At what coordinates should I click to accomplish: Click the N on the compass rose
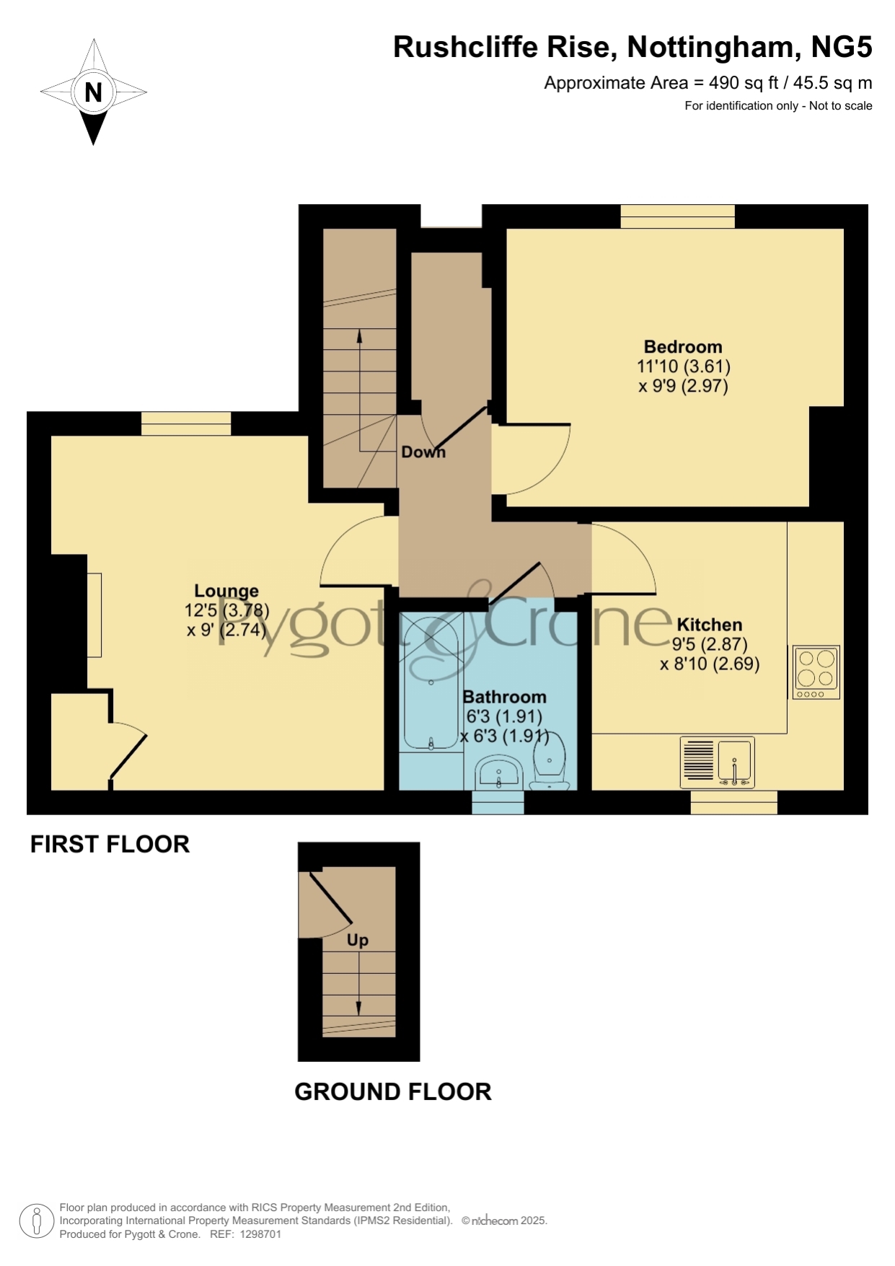[93, 92]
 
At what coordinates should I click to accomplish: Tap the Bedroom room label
[683, 347]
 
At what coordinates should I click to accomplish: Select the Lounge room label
[226, 592]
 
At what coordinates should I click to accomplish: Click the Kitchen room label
[710, 625]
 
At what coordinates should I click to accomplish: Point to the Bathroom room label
[504, 697]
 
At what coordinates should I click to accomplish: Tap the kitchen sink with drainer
[718, 762]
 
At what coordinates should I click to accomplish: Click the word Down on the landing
[423, 452]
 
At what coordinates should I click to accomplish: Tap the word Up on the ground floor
[358, 940]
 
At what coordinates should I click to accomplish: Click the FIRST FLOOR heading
[110, 844]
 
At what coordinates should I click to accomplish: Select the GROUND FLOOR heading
[393, 1091]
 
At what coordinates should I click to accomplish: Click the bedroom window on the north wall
[677, 216]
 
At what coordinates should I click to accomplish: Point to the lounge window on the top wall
[186, 423]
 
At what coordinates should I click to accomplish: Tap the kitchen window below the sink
[734, 802]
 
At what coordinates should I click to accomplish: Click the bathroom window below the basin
[498, 802]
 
